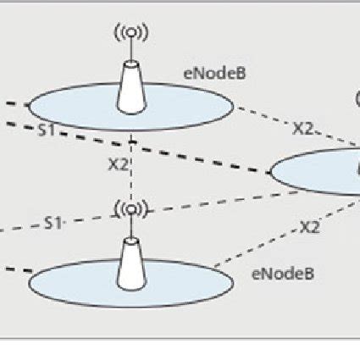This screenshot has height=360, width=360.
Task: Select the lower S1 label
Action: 53,224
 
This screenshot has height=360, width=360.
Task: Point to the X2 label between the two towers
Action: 119,164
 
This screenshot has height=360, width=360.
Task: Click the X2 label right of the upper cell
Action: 303,129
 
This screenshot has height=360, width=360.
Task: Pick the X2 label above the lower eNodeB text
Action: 310,226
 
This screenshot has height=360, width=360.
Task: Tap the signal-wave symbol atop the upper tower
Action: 130,33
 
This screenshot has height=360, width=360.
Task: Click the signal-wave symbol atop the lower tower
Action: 130,208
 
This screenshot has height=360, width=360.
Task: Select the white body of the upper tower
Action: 130,88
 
